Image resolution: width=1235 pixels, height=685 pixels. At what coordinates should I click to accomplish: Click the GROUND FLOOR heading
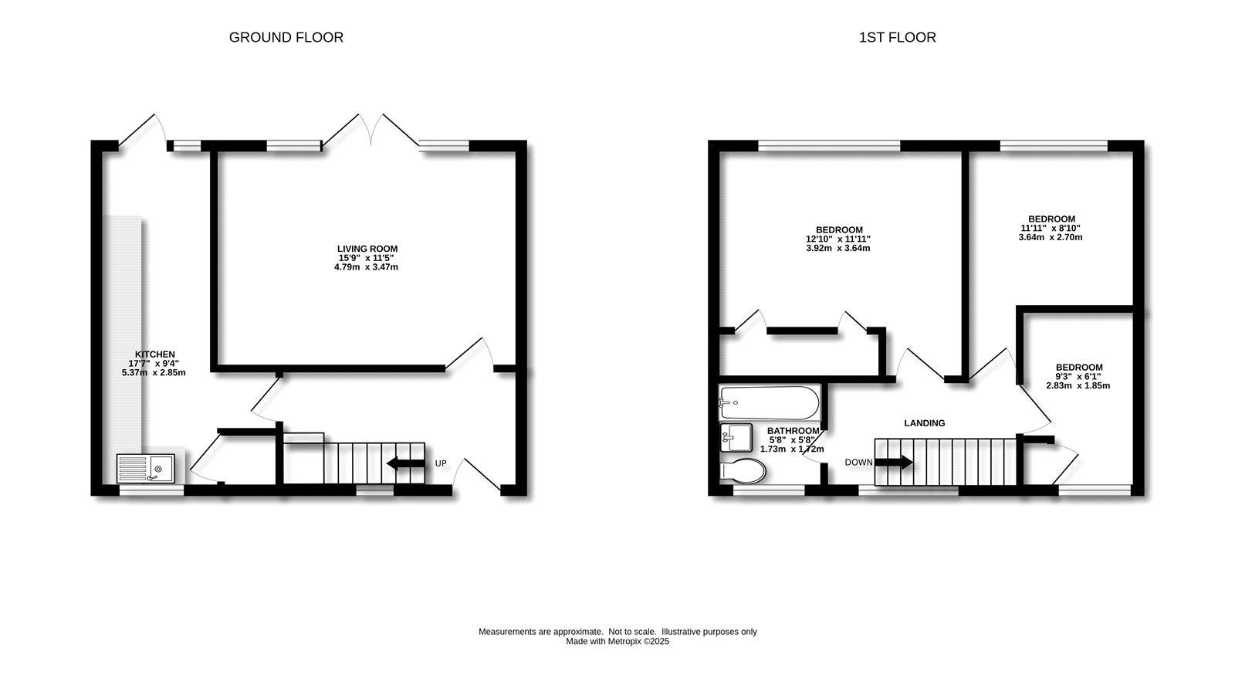(286, 37)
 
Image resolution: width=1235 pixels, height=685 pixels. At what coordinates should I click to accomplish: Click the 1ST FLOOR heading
(897, 37)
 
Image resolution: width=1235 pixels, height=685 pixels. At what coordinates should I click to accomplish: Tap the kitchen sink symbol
(147, 468)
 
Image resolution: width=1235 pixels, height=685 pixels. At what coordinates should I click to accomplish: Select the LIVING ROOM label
(368, 249)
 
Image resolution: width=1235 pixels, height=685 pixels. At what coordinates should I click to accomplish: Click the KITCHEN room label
(154, 354)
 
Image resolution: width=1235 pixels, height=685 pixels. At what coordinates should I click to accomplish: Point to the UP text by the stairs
(441, 463)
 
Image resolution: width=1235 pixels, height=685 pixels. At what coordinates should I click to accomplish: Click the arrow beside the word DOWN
(893, 463)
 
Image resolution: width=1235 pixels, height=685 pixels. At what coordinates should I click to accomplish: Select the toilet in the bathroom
(742, 470)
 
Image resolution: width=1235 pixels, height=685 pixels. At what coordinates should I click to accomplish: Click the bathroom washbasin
(736, 438)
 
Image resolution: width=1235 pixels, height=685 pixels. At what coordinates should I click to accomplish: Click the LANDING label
(924, 423)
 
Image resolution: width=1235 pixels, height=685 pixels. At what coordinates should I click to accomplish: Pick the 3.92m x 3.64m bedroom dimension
(838, 248)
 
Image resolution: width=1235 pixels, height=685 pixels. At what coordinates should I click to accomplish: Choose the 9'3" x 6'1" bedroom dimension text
(1079, 376)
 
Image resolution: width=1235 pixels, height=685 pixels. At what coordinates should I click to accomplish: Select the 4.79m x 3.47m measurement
(367, 267)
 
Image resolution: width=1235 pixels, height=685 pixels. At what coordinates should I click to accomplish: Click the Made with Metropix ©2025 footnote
(617, 641)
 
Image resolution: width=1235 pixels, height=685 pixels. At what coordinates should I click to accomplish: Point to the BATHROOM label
(793, 431)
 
